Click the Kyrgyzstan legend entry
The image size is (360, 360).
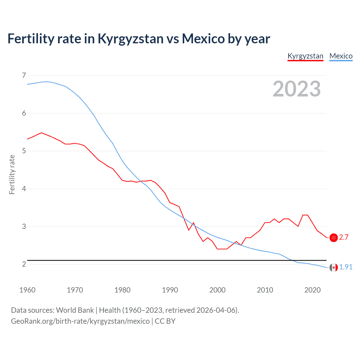click(x=305, y=56)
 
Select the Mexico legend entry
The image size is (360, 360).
click(x=341, y=56)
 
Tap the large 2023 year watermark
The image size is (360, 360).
click(x=296, y=89)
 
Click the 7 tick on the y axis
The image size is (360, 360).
click(x=24, y=75)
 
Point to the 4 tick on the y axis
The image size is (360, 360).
click(x=24, y=189)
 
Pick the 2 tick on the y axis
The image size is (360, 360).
click(x=24, y=264)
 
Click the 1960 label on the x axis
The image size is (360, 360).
click(x=27, y=290)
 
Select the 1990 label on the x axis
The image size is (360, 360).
click(x=170, y=290)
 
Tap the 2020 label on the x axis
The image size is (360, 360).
click(x=312, y=290)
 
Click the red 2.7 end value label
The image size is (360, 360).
click(x=344, y=237)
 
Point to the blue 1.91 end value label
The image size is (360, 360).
click(x=346, y=267)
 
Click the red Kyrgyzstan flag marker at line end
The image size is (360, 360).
click(x=334, y=238)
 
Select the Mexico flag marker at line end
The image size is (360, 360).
click(x=334, y=267)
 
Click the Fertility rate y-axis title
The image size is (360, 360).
click(x=12, y=174)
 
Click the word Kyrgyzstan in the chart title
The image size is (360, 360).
click(x=130, y=39)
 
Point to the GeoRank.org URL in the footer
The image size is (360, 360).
click(x=80, y=321)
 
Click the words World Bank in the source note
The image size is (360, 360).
click(x=75, y=310)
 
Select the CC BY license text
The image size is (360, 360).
click(x=165, y=321)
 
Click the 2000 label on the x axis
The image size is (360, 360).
click(x=217, y=290)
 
